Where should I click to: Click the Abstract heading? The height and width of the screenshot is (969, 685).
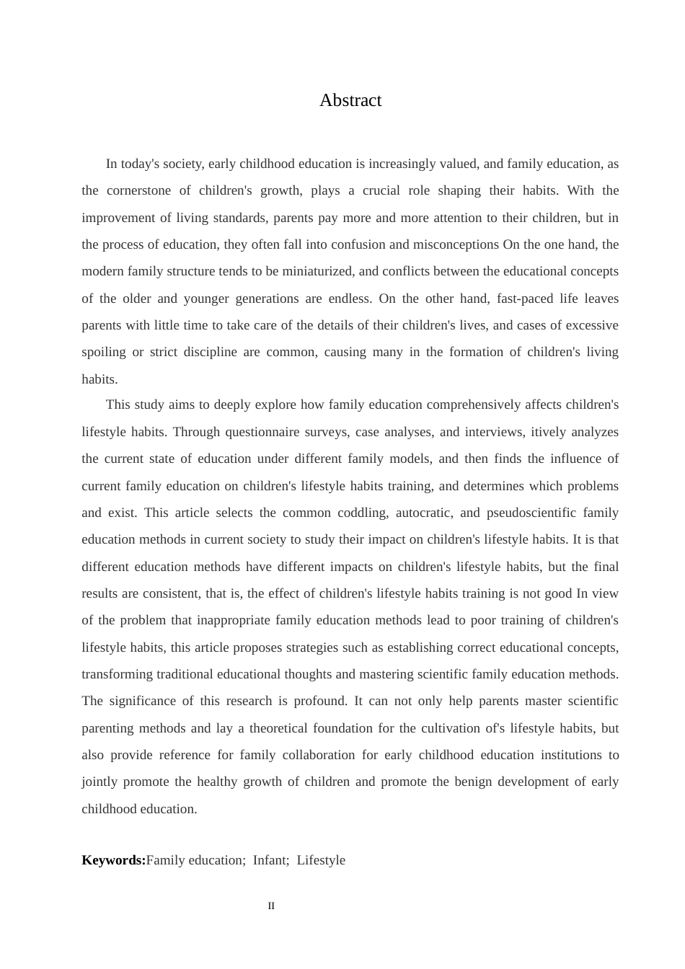[x=350, y=100]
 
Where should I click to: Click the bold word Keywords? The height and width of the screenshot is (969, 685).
[x=112, y=860]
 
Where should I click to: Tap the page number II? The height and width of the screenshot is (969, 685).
[x=271, y=906]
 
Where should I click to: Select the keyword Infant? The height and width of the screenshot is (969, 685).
[x=270, y=860]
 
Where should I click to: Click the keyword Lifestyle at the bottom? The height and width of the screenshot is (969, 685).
[x=321, y=860]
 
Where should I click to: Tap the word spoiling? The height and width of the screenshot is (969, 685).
[x=103, y=352]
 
